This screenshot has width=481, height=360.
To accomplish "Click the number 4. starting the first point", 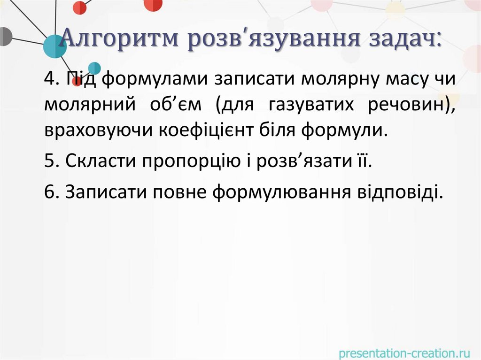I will (x=51, y=80).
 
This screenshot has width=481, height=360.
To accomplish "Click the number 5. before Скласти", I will (x=51, y=161).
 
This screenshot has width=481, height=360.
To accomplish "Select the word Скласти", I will (x=101, y=161).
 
